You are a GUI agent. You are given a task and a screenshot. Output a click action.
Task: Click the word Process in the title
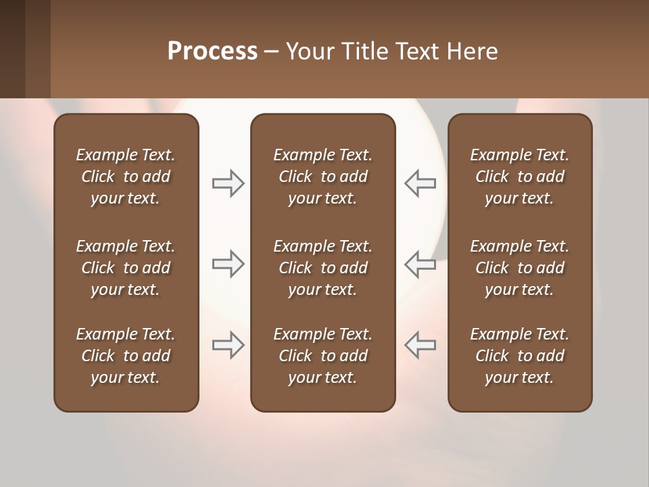(x=212, y=51)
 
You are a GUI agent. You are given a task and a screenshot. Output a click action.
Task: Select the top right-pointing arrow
(x=228, y=183)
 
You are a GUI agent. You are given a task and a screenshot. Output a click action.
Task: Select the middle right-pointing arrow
(x=228, y=263)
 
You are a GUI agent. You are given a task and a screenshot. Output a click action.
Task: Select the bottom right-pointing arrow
(x=228, y=344)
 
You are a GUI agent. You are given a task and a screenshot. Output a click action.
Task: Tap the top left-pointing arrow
(x=420, y=183)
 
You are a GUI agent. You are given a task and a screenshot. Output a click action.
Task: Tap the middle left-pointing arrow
(x=420, y=263)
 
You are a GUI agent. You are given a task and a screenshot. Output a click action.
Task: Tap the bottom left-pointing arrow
(x=420, y=344)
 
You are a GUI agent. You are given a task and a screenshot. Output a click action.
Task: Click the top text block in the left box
(x=126, y=177)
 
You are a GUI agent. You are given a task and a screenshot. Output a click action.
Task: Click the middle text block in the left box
(x=126, y=268)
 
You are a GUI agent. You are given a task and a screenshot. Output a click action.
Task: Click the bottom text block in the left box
(x=126, y=356)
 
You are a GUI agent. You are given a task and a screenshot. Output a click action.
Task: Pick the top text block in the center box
(x=322, y=177)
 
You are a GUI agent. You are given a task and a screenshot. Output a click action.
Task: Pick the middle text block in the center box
(x=322, y=268)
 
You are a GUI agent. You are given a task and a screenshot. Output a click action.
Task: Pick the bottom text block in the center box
(x=322, y=356)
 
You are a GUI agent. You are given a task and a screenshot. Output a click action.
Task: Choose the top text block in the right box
(x=519, y=177)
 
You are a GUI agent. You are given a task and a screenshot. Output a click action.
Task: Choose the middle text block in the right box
(x=519, y=268)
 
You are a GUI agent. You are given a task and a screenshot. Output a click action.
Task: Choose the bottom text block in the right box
(x=519, y=356)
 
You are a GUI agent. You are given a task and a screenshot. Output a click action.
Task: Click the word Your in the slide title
(x=308, y=51)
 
